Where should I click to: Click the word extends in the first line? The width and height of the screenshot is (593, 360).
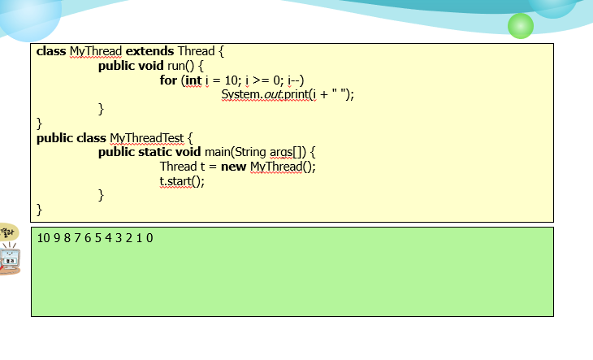click(149, 51)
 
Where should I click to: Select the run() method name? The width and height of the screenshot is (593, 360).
click(181, 66)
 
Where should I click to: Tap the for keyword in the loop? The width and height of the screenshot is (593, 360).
click(169, 80)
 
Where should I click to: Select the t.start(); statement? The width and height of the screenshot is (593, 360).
click(182, 181)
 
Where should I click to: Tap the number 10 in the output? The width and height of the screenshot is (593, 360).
click(44, 238)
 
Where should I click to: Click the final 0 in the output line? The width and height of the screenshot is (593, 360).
click(149, 238)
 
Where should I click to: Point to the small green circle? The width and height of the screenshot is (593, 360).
click(521, 26)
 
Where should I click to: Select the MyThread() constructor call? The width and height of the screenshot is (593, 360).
click(282, 167)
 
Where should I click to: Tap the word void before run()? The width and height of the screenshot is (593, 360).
click(151, 66)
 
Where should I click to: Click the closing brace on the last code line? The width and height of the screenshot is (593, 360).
click(40, 210)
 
